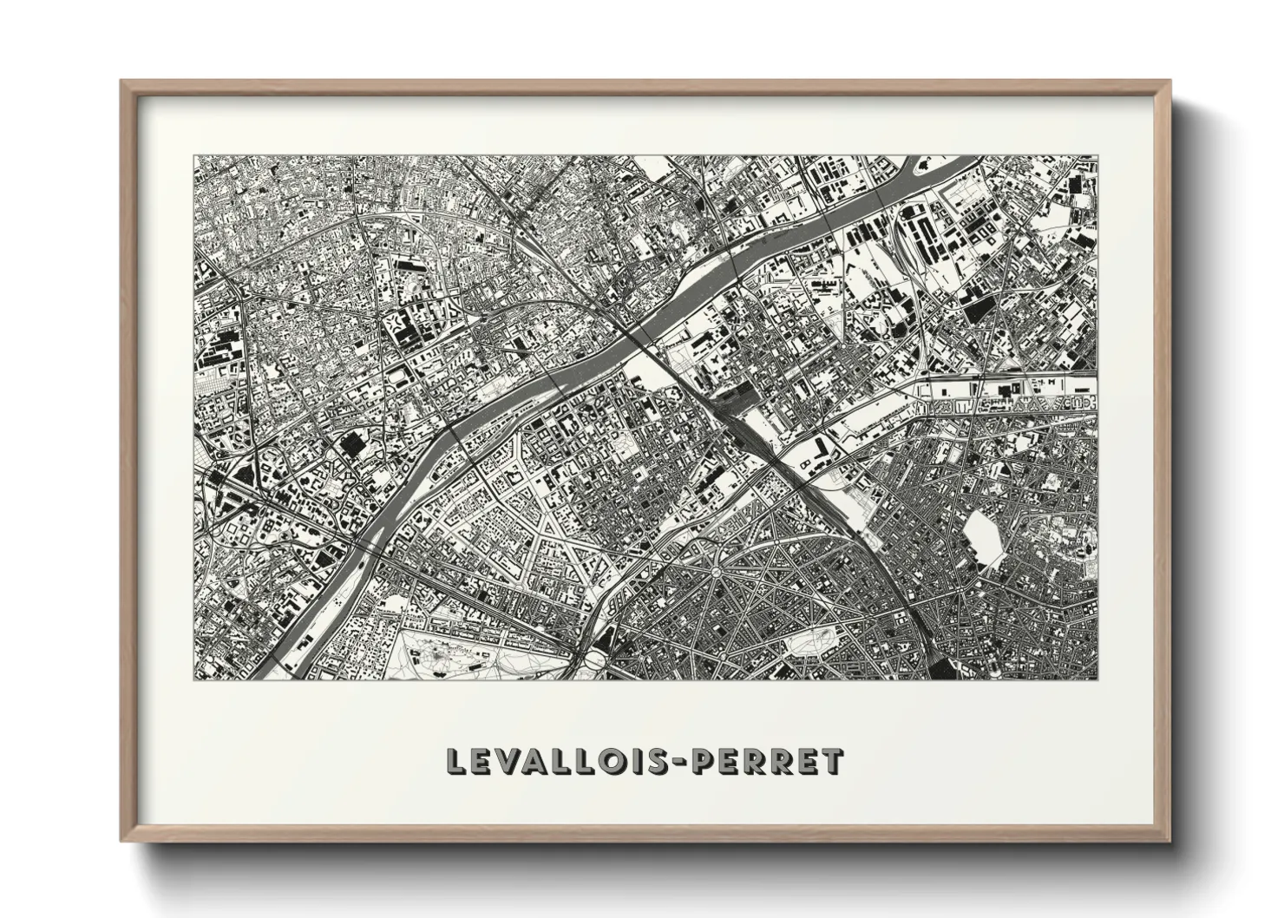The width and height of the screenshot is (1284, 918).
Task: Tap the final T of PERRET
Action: [x=832, y=761]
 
